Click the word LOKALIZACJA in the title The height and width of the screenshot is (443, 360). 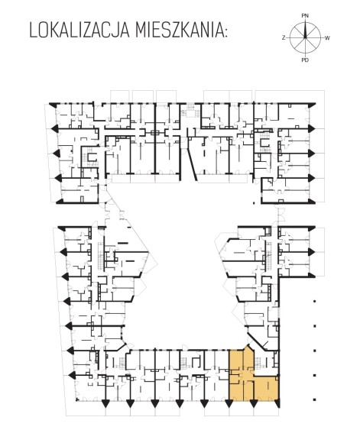click(79, 31)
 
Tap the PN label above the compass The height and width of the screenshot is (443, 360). click(305, 16)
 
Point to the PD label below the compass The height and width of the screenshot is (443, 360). click(305, 60)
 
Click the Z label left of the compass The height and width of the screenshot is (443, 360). click(284, 38)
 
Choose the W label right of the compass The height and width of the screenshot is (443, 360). click(327, 38)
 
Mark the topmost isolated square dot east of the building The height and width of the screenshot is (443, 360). click(315, 302)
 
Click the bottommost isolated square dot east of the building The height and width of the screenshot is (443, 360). click(315, 399)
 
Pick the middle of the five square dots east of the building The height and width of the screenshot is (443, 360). click(315, 351)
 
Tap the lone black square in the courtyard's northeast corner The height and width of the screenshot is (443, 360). click(254, 202)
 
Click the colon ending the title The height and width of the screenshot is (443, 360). click(225, 33)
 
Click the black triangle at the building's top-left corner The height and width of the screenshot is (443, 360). click(53, 105)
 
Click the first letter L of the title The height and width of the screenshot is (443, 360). click(33, 31)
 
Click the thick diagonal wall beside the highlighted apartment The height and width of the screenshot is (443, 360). click(257, 342)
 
